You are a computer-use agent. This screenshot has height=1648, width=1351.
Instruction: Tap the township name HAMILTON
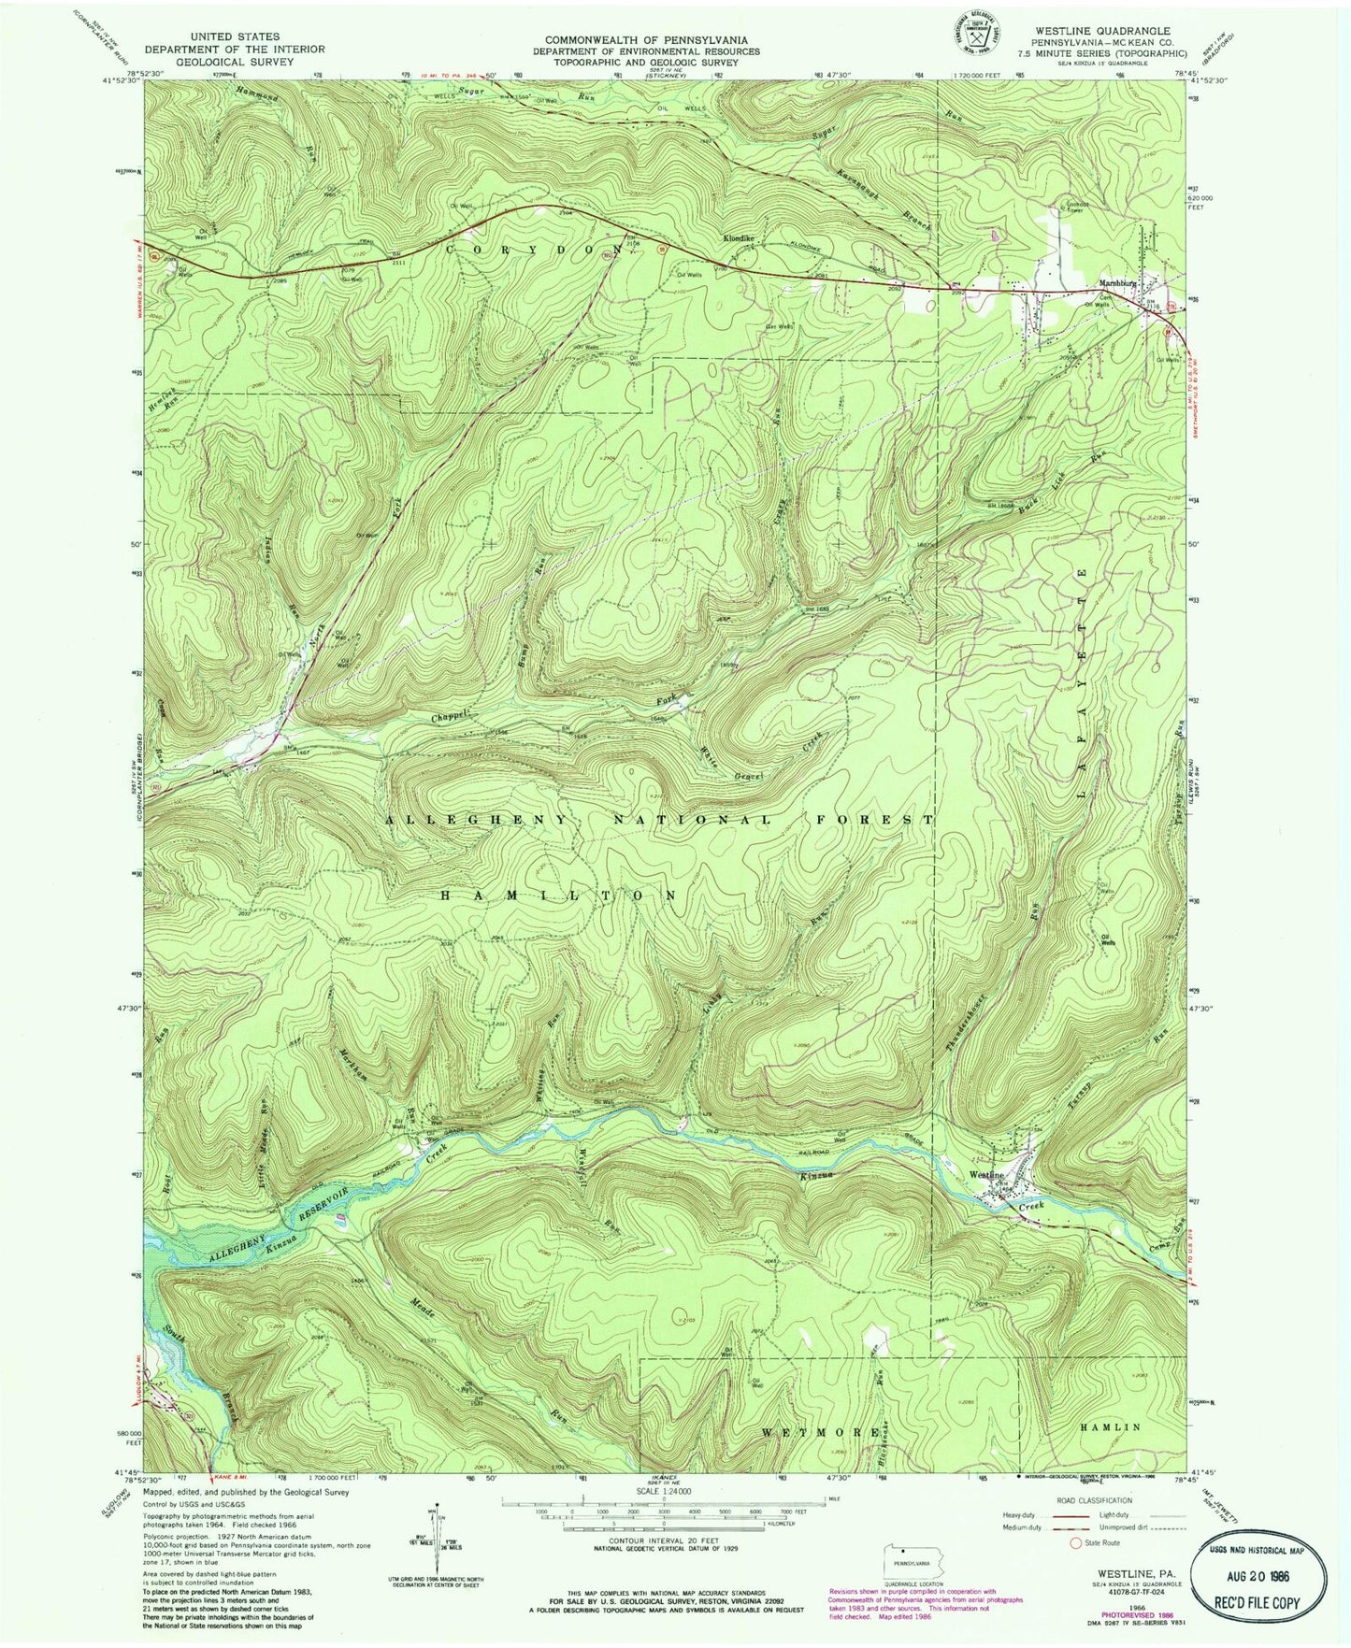pos(559,896)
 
